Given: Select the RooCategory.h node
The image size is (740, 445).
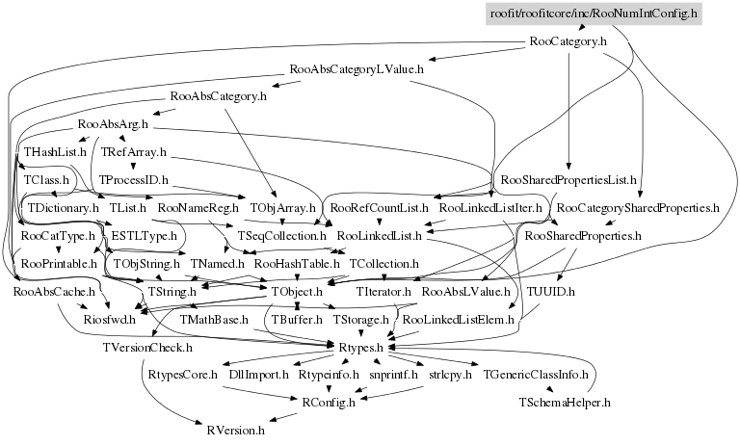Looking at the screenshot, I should (568, 41).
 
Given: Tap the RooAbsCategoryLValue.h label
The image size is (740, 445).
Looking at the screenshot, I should (357, 69).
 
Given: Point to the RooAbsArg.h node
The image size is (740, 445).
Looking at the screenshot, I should (112, 124).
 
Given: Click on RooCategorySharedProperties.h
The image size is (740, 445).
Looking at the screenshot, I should (638, 207).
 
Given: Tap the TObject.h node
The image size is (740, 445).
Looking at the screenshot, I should (296, 290).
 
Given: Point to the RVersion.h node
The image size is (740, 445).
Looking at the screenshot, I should (235, 429).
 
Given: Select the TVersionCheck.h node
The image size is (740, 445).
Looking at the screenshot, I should (147, 346).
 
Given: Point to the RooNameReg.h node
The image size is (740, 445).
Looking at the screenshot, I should (198, 207).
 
